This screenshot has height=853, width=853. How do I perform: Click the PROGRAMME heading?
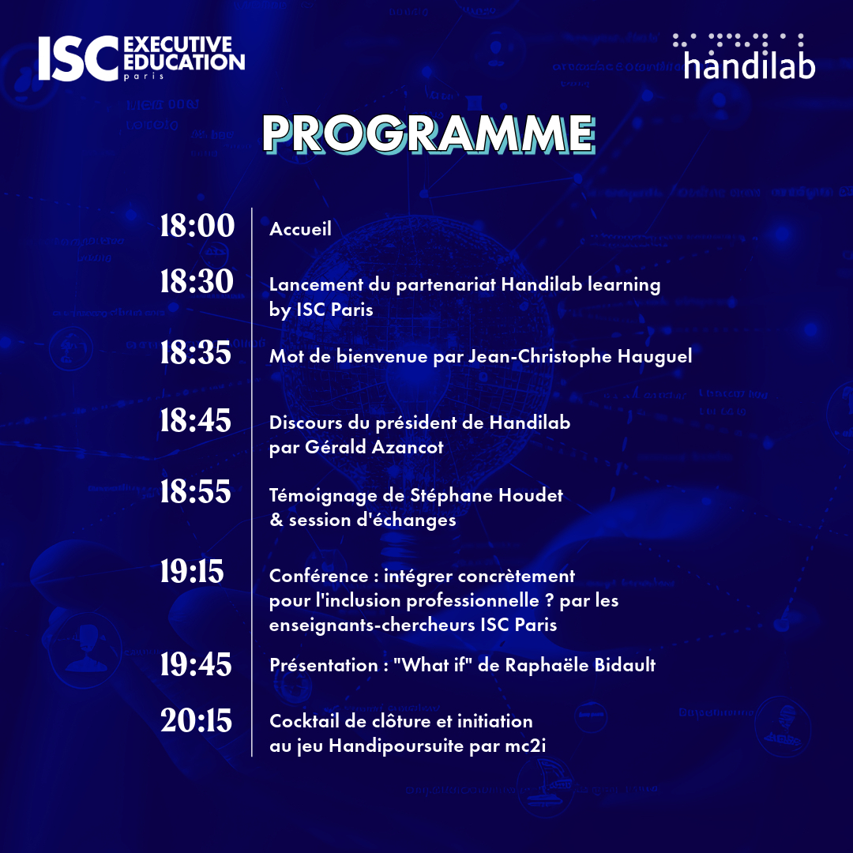(x=427, y=133)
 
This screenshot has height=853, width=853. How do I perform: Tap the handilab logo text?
(x=749, y=65)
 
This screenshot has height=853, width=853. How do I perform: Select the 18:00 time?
(x=197, y=227)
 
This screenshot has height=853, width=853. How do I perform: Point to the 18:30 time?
(x=197, y=281)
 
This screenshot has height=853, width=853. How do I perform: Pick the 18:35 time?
(x=196, y=353)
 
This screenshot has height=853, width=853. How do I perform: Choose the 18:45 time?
(x=196, y=421)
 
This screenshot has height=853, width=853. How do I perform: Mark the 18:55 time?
(x=196, y=493)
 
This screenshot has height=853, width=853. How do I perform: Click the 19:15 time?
(x=192, y=572)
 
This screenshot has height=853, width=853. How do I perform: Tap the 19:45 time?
(x=196, y=665)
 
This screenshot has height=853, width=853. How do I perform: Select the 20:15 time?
(x=196, y=720)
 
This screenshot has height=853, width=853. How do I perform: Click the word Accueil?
(x=300, y=229)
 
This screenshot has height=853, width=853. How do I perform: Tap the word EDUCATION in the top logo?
(x=185, y=62)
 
